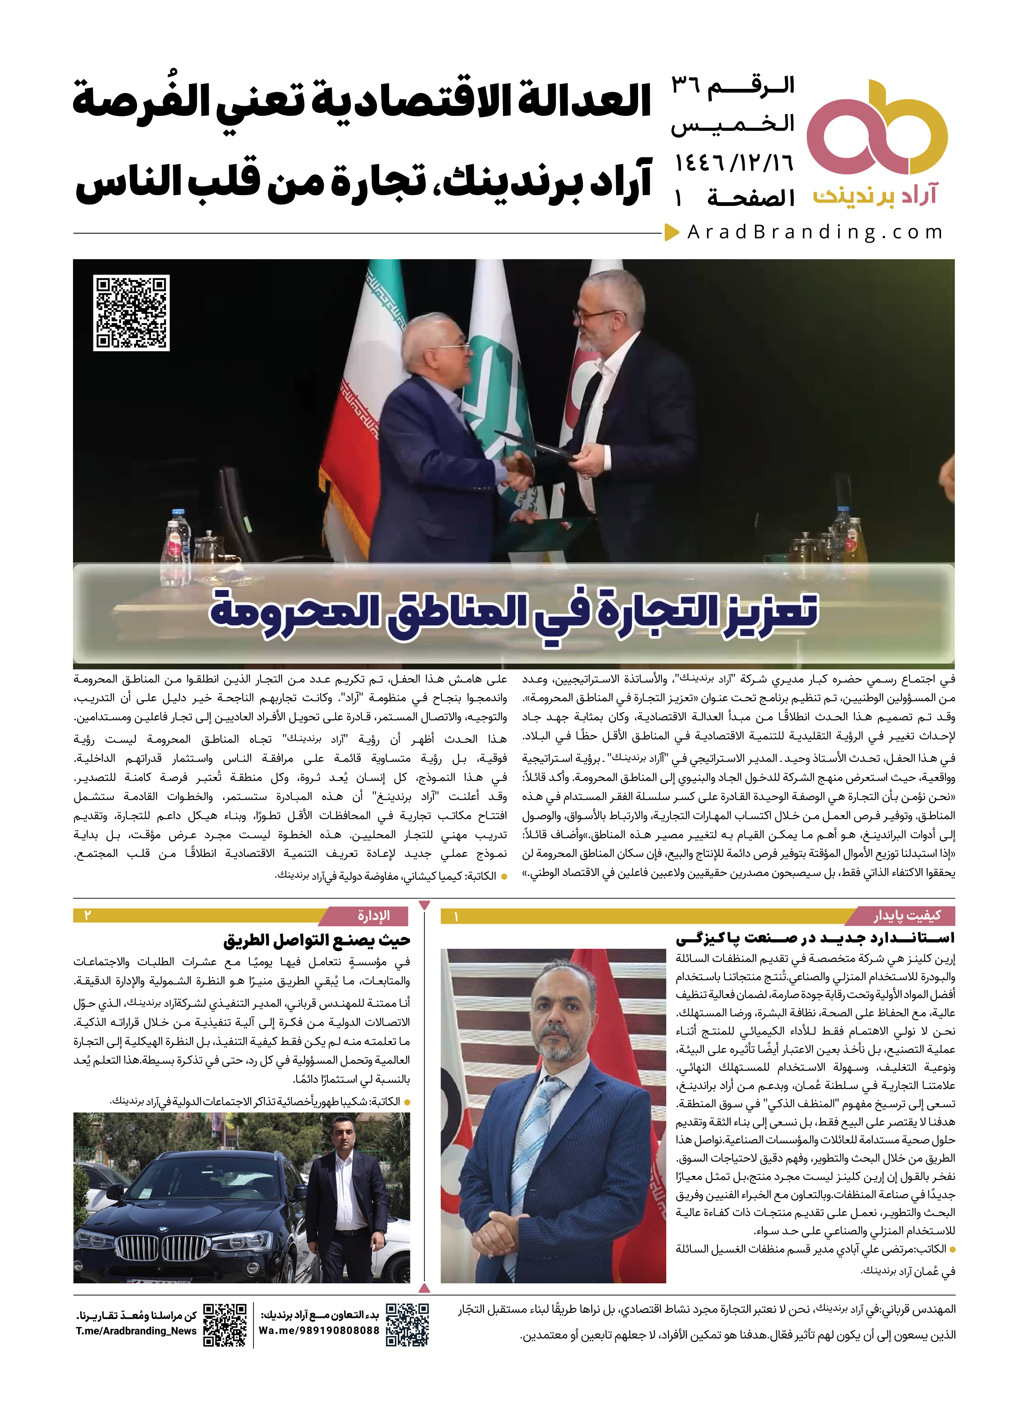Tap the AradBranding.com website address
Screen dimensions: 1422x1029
(814, 233)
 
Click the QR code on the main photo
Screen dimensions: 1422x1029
(132, 312)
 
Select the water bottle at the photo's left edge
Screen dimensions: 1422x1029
(178, 542)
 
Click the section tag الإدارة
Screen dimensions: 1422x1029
(373, 916)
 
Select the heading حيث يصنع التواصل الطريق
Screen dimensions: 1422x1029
(317, 940)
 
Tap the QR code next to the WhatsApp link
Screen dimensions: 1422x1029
(407, 1324)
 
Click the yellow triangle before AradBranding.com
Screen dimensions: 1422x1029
(672, 232)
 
